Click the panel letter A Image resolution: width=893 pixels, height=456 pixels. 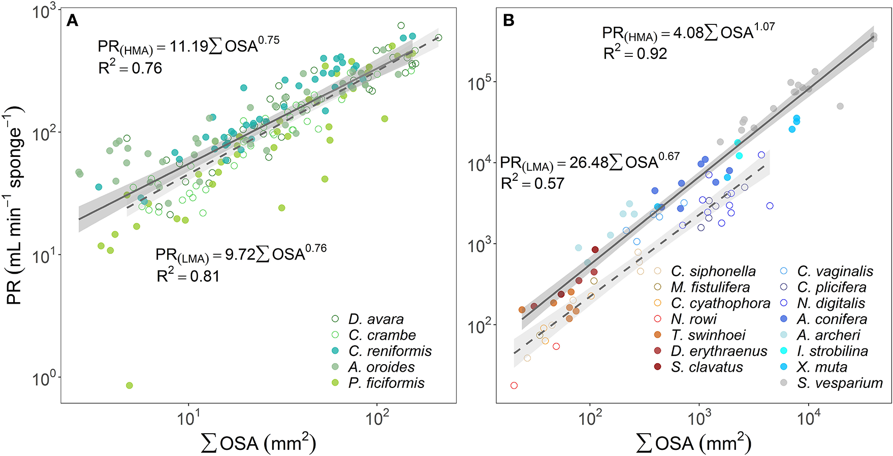coord(73,21)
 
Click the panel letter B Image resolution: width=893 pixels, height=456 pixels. coord(508,21)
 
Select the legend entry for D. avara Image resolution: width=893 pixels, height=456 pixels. coord(375,319)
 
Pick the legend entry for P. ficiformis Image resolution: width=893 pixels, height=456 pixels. coord(386,383)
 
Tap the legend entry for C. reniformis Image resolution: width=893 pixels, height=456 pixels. coord(390,351)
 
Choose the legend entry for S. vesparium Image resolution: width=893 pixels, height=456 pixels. coord(839,383)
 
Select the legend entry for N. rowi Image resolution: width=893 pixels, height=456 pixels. coord(693,319)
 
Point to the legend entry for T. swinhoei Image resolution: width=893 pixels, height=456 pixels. coord(708,335)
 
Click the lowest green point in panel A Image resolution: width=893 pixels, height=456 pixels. coord(130,385)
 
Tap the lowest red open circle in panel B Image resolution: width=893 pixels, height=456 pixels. coord(514,385)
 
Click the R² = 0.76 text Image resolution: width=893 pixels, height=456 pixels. coord(130,68)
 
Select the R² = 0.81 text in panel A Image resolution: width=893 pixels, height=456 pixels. coord(188,276)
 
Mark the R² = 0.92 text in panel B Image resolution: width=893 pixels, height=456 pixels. coord(635,54)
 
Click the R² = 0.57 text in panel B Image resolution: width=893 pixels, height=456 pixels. coord(532,183)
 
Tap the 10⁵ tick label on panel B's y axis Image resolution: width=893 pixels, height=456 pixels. coord(480,83)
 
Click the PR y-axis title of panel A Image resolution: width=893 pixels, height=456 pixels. coord(15,206)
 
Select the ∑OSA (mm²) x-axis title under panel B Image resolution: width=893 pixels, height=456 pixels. coord(693,443)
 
